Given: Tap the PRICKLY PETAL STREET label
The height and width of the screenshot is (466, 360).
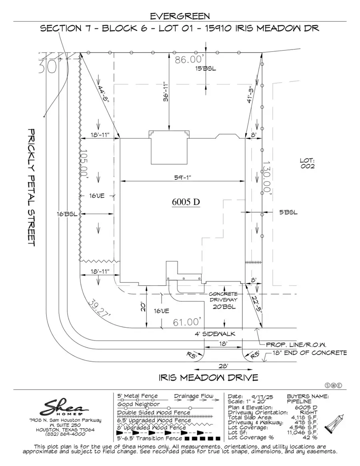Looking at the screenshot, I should coord(32,187).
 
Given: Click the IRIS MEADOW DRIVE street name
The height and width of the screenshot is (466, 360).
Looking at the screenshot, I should coord(208,377).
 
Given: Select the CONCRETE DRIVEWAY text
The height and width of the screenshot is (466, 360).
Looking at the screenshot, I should coord(224,297).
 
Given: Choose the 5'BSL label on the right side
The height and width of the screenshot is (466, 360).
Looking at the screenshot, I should coord(288,212).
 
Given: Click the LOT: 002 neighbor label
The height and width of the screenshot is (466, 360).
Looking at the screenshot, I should coord(307,163).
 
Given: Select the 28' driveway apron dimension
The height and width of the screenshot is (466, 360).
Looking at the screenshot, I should coord(223,366).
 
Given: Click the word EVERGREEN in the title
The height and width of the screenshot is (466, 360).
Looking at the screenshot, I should coord(180,16).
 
